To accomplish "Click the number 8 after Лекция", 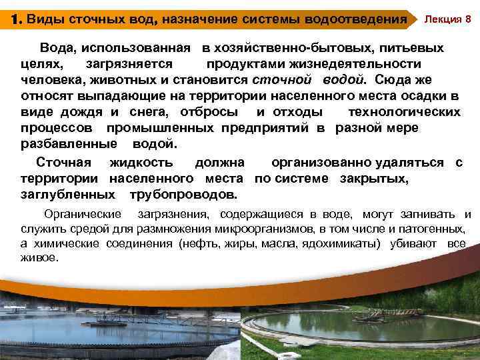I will click(468, 19).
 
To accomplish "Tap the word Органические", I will click(83, 215).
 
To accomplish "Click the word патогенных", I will click(435, 229).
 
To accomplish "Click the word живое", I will click(40, 257).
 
